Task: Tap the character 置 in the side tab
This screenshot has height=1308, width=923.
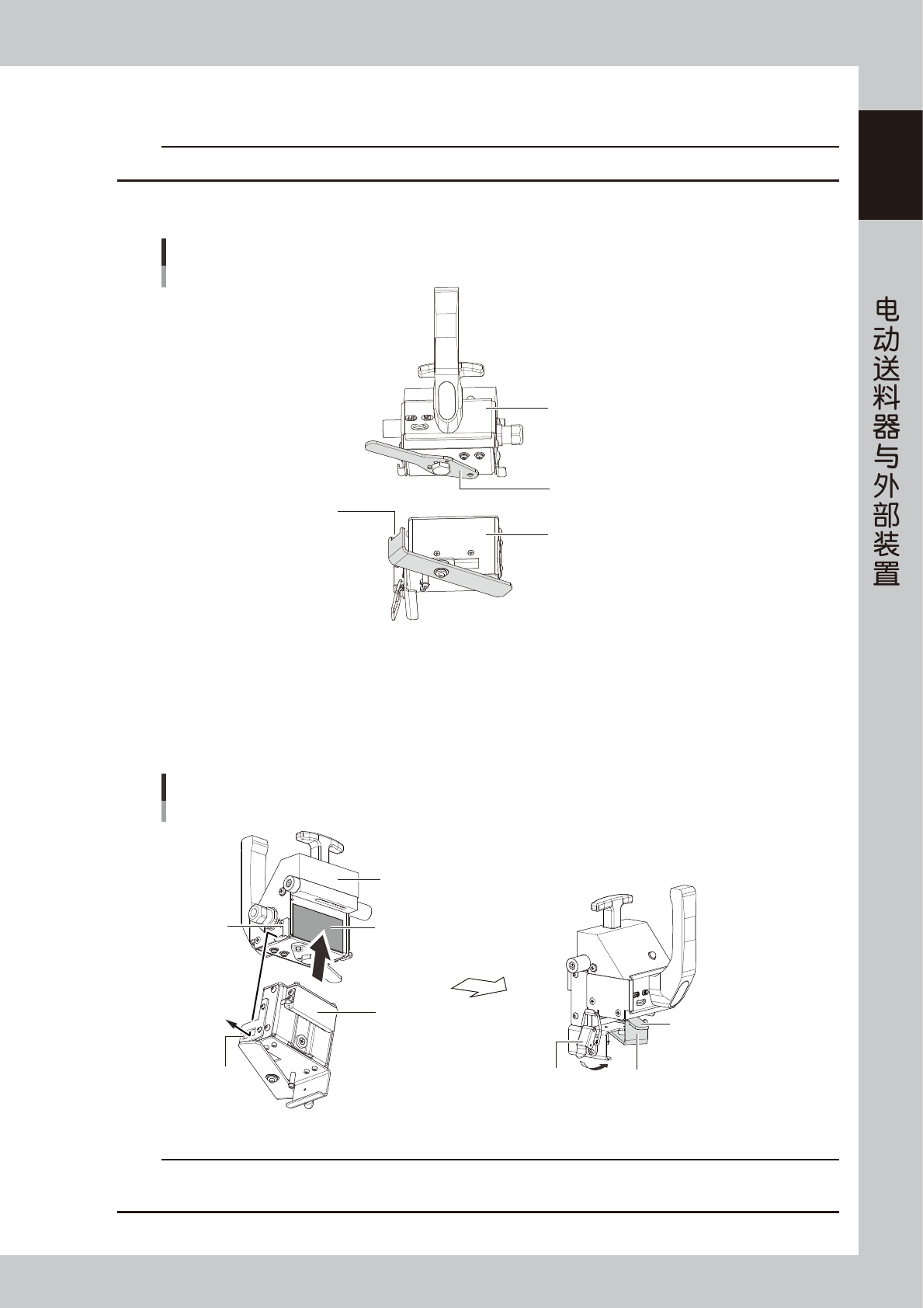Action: pyautogui.click(x=887, y=574)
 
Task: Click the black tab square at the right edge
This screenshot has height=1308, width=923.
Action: pyautogui.click(x=890, y=165)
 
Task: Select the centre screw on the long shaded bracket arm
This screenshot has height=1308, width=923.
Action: pyautogui.click(x=441, y=573)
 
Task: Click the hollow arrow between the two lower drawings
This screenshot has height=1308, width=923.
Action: pyautogui.click(x=479, y=986)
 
